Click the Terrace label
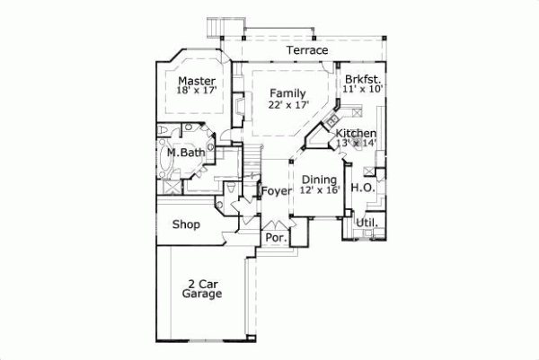[x=307, y=51]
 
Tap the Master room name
[x=196, y=80]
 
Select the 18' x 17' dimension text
[x=196, y=92]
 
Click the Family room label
[x=287, y=93]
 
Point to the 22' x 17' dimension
[x=288, y=105]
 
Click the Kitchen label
[x=356, y=134]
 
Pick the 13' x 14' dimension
[x=356, y=144]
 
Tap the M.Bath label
[x=186, y=154]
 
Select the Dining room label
[x=319, y=180]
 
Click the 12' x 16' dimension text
[x=320, y=190]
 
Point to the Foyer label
[x=278, y=191]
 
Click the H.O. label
[x=363, y=188]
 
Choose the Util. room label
[x=367, y=222]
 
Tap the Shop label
[x=186, y=224]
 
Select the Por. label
[x=274, y=238]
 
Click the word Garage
[x=202, y=294]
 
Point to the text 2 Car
[x=202, y=283]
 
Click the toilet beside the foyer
[x=233, y=189]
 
